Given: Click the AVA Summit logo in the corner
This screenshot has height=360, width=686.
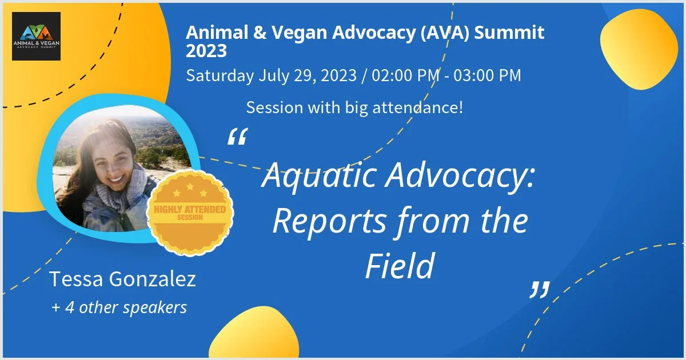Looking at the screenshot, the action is [36, 36].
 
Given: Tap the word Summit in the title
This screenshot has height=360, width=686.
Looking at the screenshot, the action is [509, 32].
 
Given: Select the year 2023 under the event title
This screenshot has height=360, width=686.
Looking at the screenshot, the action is [206, 51].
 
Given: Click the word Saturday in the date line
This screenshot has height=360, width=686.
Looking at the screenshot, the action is [220, 75].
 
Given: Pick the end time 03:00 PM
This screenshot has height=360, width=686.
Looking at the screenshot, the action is [487, 75].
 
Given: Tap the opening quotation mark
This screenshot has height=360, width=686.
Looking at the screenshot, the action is [238, 136].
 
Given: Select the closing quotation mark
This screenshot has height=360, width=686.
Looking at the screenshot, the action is [540, 290].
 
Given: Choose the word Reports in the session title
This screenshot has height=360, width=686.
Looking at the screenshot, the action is [330, 221].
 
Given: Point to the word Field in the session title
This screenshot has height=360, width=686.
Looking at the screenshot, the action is [400, 266].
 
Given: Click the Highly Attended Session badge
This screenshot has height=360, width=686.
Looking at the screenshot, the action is [190, 213].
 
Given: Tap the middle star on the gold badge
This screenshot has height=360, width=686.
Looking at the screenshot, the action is [190, 186].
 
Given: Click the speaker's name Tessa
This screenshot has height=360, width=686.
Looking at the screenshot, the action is [76, 279].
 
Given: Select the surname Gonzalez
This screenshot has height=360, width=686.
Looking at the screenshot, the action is [152, 279].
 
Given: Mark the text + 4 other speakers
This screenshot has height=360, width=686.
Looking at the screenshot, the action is [119, 307].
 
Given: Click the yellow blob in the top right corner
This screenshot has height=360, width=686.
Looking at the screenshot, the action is [639, 49].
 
